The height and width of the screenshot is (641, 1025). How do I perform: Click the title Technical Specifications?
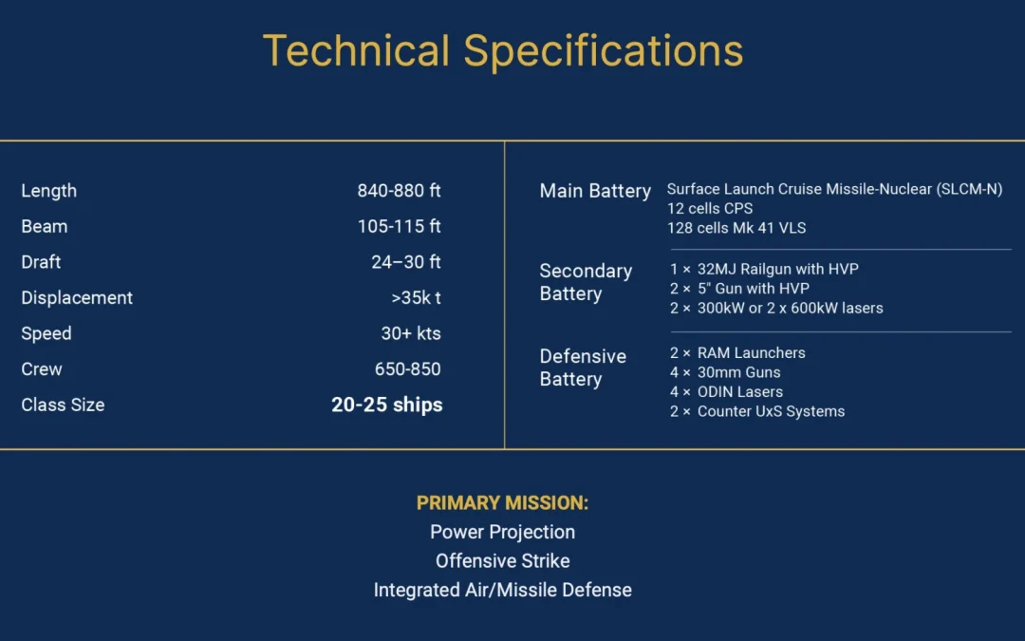(x=503, y=51)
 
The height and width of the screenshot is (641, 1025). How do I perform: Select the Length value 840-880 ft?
(x=399, y=190)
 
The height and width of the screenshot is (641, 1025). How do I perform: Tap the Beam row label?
(x=45, y=226)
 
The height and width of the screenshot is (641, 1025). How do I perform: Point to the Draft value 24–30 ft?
(x=406, y=262)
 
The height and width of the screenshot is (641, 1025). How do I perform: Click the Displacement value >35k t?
(x=416, y=297)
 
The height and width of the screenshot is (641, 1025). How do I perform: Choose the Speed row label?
(x=47, y=333)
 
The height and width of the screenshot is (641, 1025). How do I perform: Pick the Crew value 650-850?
(x=408, y=368)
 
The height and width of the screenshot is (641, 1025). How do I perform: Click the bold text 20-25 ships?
(x=387, y=405)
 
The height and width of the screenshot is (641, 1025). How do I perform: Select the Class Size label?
(x=63, y=405)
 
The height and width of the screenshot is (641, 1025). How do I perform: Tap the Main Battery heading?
(x=595, y=191)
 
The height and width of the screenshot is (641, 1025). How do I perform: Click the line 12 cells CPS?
(x=710, y=209)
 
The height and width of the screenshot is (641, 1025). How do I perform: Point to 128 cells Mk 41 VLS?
(x=736, y=228)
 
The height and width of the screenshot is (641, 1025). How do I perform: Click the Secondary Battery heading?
(x=586, y=282)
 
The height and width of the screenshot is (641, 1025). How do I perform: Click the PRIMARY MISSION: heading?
(x=503, y=502)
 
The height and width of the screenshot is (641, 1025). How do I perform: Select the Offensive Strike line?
(x=503, y=560)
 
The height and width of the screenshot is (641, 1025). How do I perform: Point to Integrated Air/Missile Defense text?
(x=503, y=590)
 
